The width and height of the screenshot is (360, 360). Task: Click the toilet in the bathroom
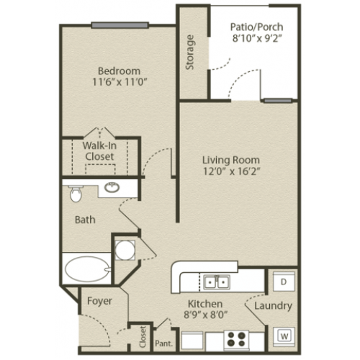(76, 193)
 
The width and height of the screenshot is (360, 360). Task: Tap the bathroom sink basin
(112, 187)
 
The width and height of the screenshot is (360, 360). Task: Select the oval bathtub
(88, 269)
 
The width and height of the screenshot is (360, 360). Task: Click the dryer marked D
(284, 282)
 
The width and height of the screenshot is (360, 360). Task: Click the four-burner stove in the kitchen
(236, 339)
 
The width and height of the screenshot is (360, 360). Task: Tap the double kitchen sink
(217, 282)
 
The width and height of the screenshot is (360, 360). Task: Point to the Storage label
(189, 53)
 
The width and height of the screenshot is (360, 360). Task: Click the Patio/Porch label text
(256, 27)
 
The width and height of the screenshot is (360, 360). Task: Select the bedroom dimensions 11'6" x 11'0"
(120, 82)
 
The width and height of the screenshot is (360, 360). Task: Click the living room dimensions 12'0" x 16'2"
(232, 171)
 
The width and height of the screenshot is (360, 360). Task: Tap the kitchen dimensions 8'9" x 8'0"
(205, 314)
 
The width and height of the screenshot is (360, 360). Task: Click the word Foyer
(99, 301)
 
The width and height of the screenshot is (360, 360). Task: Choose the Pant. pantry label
(163, 343)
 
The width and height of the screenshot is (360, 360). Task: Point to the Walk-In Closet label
(99, 151)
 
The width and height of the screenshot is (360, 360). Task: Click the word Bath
(85, 220)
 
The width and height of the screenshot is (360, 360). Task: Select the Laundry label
(273, 306)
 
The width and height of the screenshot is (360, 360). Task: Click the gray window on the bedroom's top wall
(120, 25)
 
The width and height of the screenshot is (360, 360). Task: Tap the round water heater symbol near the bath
(125, 250)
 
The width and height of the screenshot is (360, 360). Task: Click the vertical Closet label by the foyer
(143, 336)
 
